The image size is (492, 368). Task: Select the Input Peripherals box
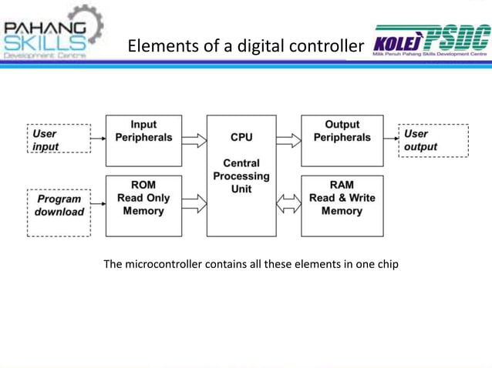pos(143,141)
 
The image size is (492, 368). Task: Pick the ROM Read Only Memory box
pos(143,205)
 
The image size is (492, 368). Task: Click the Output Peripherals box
pos(342,141)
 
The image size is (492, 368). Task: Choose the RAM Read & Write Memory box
pos(342,205)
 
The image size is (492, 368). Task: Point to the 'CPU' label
pos(241,138)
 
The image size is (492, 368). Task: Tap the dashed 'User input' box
pos(59,139)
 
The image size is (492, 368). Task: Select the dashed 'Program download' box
pos(59,206)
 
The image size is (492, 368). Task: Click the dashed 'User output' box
pos(433,140)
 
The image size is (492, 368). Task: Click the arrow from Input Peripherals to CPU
pos(194,140)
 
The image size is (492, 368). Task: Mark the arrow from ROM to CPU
pos(194,204)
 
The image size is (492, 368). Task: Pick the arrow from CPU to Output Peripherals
pos(288,140)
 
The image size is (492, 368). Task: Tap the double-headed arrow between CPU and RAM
pos(288,205)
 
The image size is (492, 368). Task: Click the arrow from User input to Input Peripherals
pos(98,139)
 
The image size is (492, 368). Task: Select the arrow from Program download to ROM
pos(98,205)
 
